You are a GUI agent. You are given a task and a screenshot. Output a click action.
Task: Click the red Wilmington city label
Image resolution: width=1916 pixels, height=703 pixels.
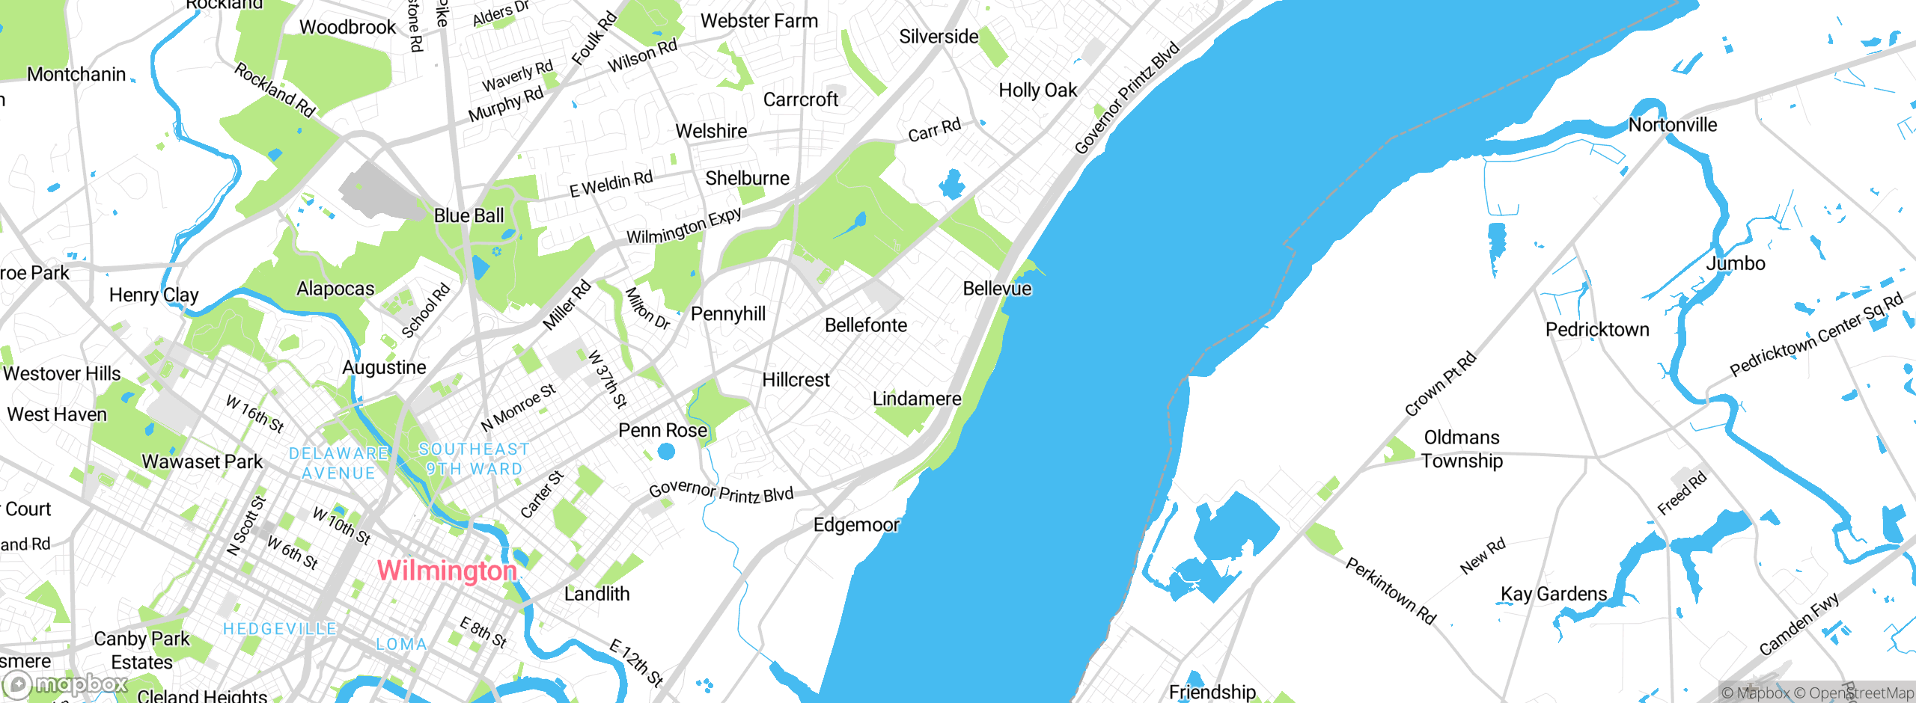click(x=447, y=571)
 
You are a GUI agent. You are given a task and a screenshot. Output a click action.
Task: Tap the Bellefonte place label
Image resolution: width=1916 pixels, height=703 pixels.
click(x=865, y=325)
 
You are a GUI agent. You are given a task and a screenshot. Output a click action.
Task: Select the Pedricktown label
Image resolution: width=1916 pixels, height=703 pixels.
click(x=1597, y=330)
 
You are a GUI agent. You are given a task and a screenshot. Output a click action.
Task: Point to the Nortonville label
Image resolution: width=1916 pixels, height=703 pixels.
click(x=1673, y=125)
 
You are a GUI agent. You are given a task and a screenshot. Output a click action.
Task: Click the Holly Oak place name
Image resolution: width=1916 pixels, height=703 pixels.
click(x=1037, y=90)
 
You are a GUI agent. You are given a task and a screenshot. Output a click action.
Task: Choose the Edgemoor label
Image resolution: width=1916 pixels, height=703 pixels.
click(x=856, y=525)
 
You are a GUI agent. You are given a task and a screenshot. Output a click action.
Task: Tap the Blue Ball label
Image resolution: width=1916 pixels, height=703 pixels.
click(x=469, y=216)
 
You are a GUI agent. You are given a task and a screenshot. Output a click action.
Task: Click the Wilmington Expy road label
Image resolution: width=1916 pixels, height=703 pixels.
click(x=684, y=226)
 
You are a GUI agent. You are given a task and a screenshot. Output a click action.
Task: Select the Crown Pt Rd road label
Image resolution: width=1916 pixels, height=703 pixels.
click(x=1441, y=384)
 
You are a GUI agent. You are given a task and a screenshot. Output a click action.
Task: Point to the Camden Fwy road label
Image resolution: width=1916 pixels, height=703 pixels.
click(x=1798, y=624)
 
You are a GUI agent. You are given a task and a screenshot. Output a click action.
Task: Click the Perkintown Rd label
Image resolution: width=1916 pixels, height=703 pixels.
click(x=1391, y=591)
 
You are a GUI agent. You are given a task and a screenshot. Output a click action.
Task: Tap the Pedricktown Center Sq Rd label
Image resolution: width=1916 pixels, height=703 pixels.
click(x=1816, y=334)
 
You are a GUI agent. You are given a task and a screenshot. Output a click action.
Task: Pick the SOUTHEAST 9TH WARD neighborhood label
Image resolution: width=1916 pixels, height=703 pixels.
click(x=474, y=459)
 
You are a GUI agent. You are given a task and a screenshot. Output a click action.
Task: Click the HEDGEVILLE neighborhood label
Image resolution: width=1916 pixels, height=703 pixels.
click(x=280, y=629)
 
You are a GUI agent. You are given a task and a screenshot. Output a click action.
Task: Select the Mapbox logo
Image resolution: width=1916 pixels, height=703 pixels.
click(x=66, y=684)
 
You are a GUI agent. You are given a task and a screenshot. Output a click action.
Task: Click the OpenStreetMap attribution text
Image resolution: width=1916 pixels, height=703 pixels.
click(x=1853, y=693)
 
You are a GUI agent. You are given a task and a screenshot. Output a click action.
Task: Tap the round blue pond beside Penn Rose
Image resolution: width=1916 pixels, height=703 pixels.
click(x=666, y=451)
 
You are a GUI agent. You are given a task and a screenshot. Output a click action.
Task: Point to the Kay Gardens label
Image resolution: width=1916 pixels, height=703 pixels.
click(x=1554, y=595)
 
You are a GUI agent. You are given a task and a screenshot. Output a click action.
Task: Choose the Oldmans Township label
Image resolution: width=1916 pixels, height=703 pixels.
click(x=1462, y=449)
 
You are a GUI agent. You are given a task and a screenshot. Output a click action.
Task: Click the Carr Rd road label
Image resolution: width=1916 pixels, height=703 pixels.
click(x=934, y=130)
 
